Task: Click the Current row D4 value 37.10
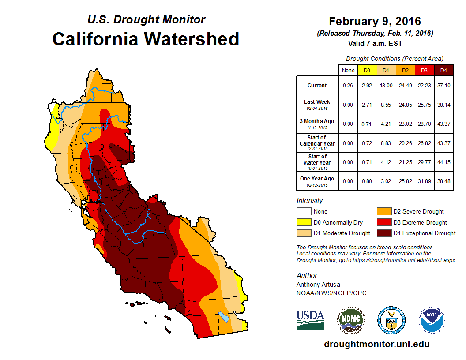(x=444, y=86)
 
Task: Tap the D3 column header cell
(x=425, y=70)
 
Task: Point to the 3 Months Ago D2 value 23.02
(x=406, y=124)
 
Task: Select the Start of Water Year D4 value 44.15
(x=444, y=162)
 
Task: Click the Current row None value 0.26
(x=349, y=86)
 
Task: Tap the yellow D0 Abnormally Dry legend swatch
(x=303, y=222)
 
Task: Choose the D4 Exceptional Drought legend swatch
(x=383, y=233)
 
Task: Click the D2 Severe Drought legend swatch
(x=383, y=211)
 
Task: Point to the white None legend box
(x=303, y=211)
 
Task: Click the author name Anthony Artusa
(x=318, y=285)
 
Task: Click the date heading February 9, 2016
(x=375, y=21)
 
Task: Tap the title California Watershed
(x=146, y=39)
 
